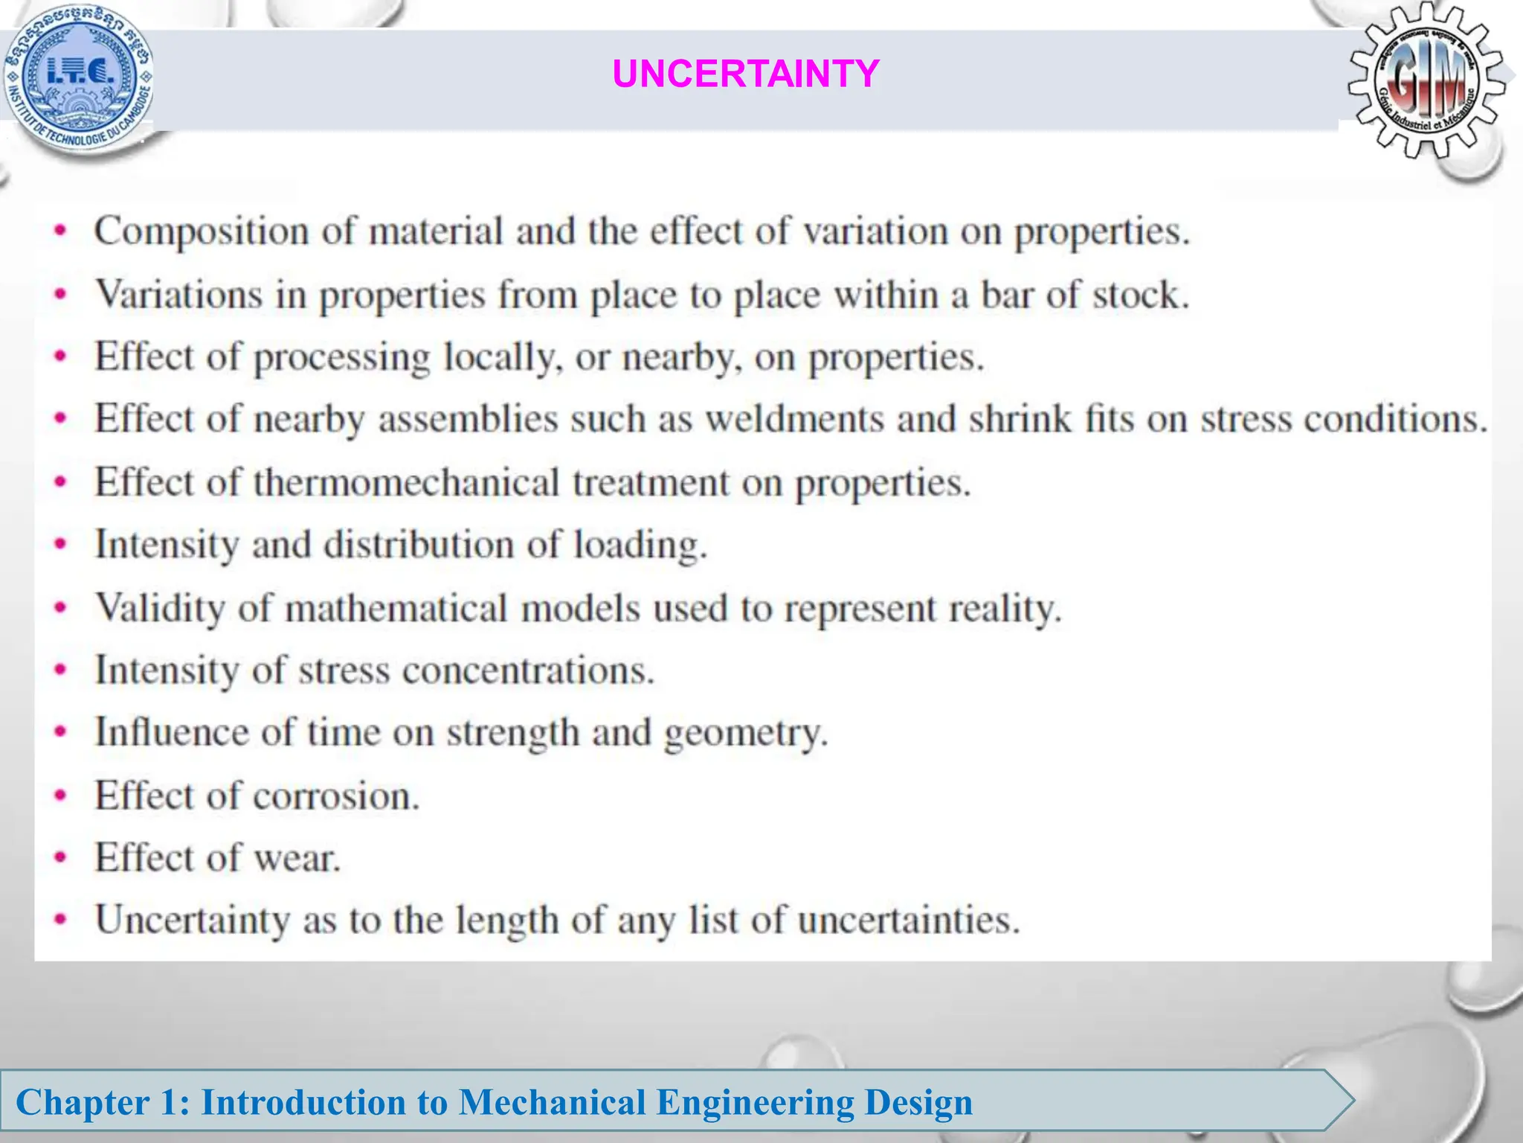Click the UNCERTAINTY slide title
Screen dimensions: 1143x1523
click(745, 74)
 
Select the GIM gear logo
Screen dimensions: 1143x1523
click(1426, 80)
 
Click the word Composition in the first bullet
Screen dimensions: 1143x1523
click(202, 231)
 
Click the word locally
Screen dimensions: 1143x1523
click(499, 357)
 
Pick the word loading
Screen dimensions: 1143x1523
click(640, 545)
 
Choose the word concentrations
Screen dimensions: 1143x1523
click(528, 670)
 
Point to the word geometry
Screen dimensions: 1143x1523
click(745, 734)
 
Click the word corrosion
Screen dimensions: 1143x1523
click(336, 796)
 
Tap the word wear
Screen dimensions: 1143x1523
click(297, 858)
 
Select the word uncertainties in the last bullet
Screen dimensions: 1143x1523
click(908, 921)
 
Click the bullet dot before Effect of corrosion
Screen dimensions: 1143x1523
click(61, 796)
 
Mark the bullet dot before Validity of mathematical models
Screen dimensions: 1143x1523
click(61, 608)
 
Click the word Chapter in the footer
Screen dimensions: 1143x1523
click(83, 1102)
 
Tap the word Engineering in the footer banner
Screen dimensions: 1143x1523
click(755, 1102)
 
